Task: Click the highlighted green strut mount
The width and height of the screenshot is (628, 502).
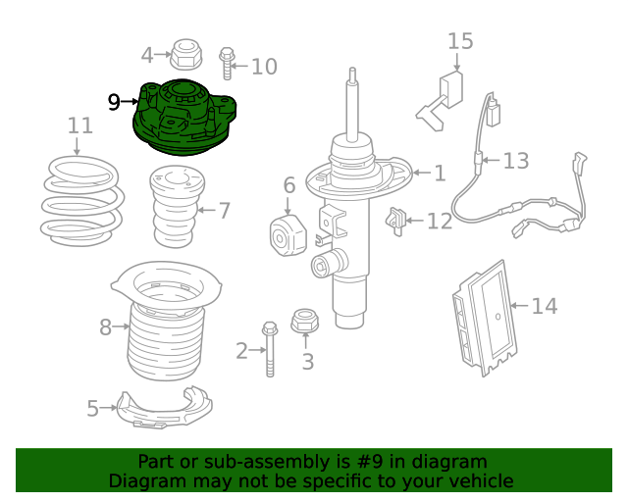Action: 184,117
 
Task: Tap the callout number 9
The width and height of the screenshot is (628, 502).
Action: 114,103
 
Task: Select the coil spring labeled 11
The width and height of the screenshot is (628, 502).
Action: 82,201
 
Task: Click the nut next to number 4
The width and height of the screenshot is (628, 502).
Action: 186,55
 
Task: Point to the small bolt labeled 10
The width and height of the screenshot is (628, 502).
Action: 227,64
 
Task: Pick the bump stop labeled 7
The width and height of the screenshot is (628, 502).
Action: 177,207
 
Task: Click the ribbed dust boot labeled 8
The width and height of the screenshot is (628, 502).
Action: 167,321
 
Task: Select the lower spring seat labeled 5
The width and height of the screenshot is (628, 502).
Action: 165,408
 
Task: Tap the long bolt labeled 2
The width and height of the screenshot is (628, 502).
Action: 270,349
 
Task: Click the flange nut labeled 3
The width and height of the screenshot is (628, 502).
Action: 305,321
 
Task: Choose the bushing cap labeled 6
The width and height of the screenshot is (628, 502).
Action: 288,235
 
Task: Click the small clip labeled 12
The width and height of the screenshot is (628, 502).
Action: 395,222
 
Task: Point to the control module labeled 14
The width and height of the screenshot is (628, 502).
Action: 485,319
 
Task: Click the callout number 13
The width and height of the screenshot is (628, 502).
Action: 516,161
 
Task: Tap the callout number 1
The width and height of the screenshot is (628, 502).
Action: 440,174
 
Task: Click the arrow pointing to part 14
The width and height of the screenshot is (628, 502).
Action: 519,306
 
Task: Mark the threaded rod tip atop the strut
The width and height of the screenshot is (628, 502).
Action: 352,71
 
